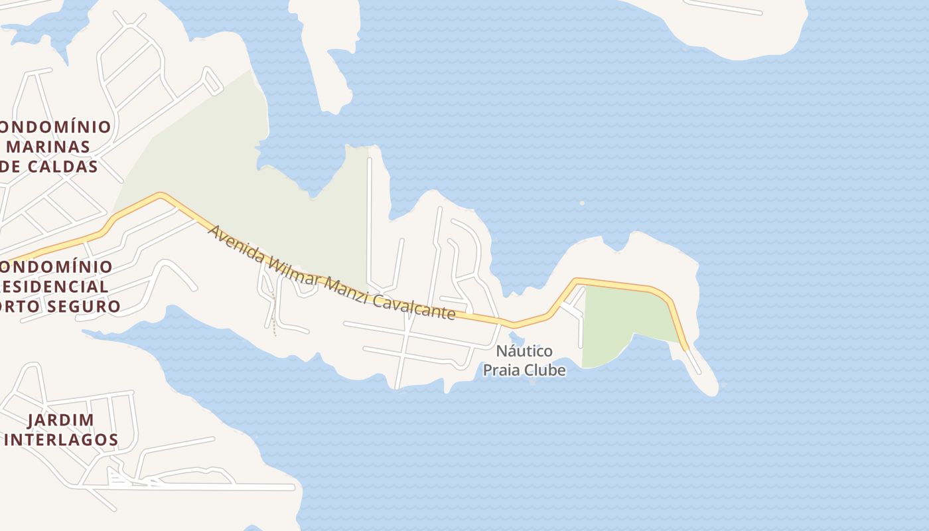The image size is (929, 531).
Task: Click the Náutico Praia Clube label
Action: (524, 360)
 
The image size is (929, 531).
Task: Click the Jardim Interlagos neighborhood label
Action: (61, 429)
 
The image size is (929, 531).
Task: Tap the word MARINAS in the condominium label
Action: (48, 146)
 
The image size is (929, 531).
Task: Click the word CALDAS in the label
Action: (62, 166)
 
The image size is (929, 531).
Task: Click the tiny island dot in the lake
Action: (582, 203)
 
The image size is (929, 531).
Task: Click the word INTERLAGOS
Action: (62, 439)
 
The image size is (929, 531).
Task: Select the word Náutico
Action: (524, 350)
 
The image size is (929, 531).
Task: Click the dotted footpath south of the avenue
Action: (273, 319)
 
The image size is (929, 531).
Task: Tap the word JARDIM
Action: (61, 419)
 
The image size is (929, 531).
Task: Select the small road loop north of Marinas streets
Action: (212, 81)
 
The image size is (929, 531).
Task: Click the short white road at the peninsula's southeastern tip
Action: (693, 361)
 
